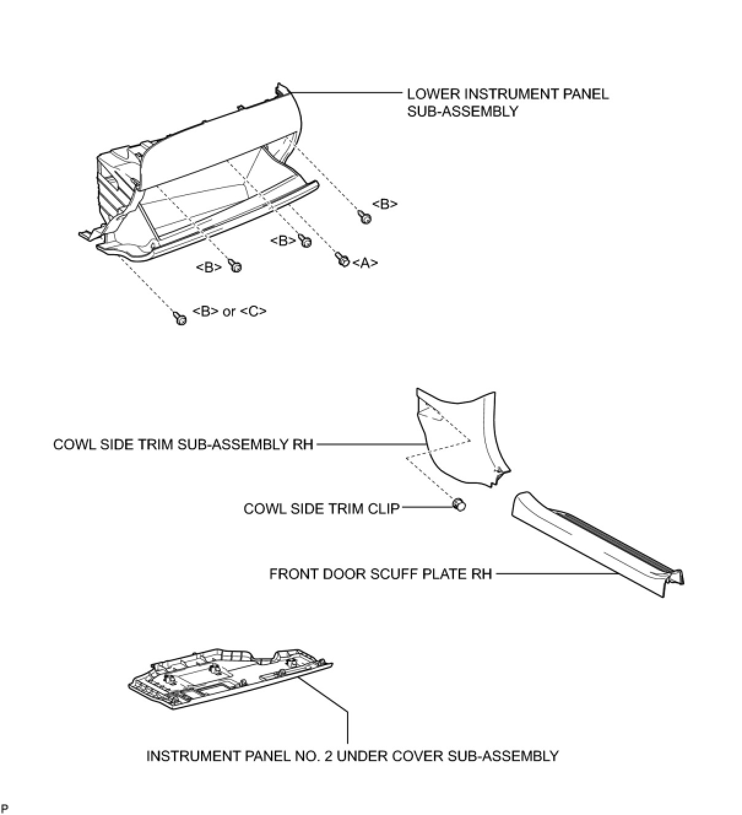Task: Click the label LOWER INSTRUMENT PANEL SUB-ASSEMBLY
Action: point(508,102)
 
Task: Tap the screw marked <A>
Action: point(342,260)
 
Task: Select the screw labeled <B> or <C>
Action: point(180,319)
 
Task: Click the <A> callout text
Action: point(365,263)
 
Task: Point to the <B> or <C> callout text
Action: point(229,311)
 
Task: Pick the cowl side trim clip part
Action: point(459,504)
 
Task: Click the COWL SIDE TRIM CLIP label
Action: point(321,509)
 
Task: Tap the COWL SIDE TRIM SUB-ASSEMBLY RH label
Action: point(183,444)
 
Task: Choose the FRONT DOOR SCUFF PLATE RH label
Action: point(380,574)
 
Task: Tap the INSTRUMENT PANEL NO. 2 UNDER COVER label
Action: point(352,756)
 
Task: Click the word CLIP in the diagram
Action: point(384,509)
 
